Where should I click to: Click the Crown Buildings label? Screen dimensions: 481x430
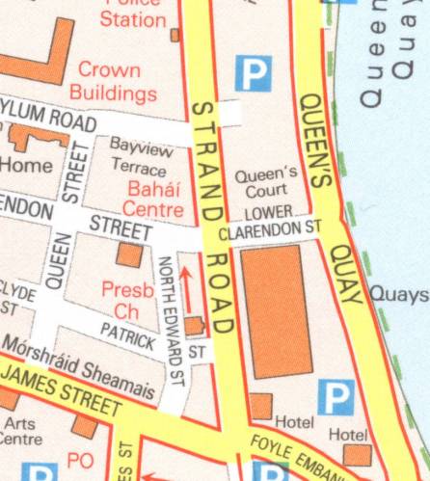117,81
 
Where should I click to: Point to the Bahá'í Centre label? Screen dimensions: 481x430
147,199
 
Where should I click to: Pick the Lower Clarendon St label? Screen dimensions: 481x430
269,224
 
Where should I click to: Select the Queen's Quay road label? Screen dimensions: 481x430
329,193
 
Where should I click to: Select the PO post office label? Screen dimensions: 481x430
80,461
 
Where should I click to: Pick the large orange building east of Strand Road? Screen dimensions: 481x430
277,310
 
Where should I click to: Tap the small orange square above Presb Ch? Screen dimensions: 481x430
129,254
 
